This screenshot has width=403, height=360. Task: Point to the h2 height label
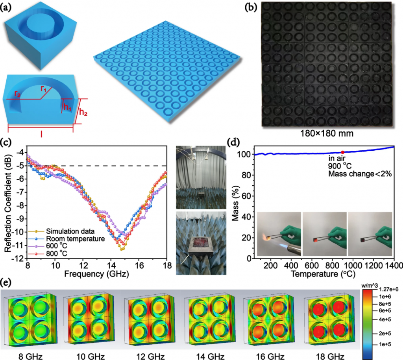[83, 112]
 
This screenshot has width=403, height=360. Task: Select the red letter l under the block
[41, 134]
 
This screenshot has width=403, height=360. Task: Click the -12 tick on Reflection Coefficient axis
[18, 258]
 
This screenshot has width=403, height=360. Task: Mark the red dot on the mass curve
[342, 152]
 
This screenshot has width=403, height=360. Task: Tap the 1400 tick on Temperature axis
[394, 266]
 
